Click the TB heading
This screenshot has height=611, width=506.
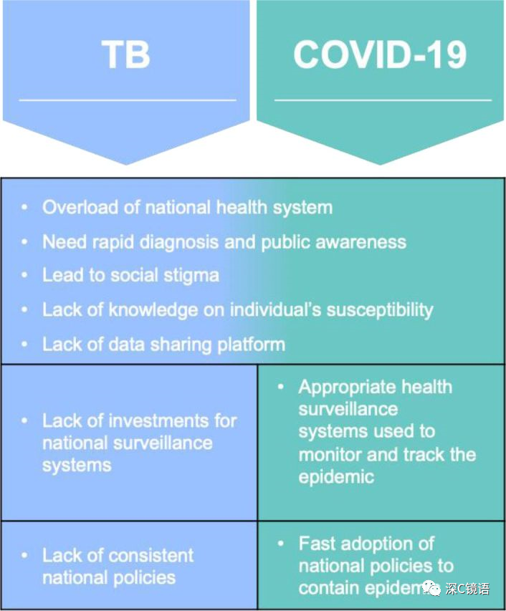click(126, 54)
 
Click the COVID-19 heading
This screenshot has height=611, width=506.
click(380, 54)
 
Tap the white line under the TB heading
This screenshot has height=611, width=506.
click(128, 100)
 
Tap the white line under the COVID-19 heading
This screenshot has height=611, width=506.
click(383, 100)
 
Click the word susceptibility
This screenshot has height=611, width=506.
click(380, 310)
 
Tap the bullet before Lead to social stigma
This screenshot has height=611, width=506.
click(24, 275)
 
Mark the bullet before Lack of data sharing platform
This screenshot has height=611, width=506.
click(24, 345)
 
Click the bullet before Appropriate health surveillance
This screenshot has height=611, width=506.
click(281, 387)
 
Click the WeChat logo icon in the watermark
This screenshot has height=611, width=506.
click(431, 588)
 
